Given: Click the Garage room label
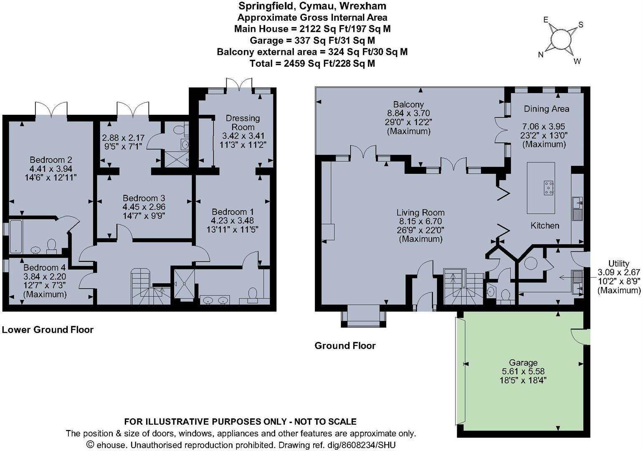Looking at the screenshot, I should click(523, 362).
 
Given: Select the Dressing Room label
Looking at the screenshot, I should click(243, 123).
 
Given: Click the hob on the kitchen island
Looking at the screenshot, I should click(548, 188).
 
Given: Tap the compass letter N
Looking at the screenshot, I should click(541, 55).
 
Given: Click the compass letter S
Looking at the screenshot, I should click(580, 25).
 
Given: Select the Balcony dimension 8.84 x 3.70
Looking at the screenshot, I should click(408, 113).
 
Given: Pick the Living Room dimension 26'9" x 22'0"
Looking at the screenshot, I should click(420, 230).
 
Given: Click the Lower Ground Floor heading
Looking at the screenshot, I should click(48, 330).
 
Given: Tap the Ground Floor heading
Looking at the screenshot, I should click(345, 346).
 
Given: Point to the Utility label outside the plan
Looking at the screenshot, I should click(618, 264).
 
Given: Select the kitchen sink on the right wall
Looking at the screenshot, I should click(578, 204).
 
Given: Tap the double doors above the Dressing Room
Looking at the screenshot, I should click(239, 84).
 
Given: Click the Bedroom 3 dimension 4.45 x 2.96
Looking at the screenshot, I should click(144, 207).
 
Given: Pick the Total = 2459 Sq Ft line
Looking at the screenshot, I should click(312, 63).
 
